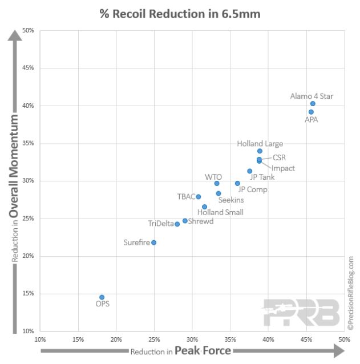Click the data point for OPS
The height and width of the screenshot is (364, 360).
pos(102,297)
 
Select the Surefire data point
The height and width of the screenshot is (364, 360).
pos(153,242)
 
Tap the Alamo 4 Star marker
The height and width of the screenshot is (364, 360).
pos(313,104)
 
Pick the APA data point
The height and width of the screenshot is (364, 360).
pos(311,112)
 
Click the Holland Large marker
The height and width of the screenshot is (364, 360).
pos(260,151)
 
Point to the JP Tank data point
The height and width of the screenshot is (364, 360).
pos(249,171)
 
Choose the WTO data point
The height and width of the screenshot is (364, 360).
pos(217,183)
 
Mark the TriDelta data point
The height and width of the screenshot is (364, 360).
pos(177,224)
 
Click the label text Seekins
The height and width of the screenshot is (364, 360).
pos(231,200)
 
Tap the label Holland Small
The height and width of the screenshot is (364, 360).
pos(220,212)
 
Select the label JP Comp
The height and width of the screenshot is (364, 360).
pos(252,189)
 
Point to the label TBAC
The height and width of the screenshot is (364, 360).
pos(186,197)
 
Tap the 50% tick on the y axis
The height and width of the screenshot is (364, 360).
pos(28,30)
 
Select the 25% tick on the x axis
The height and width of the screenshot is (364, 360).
pos(154,339)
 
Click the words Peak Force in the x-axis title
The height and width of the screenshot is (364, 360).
pos(203,350)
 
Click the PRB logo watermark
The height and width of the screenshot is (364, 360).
pos(300,312)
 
